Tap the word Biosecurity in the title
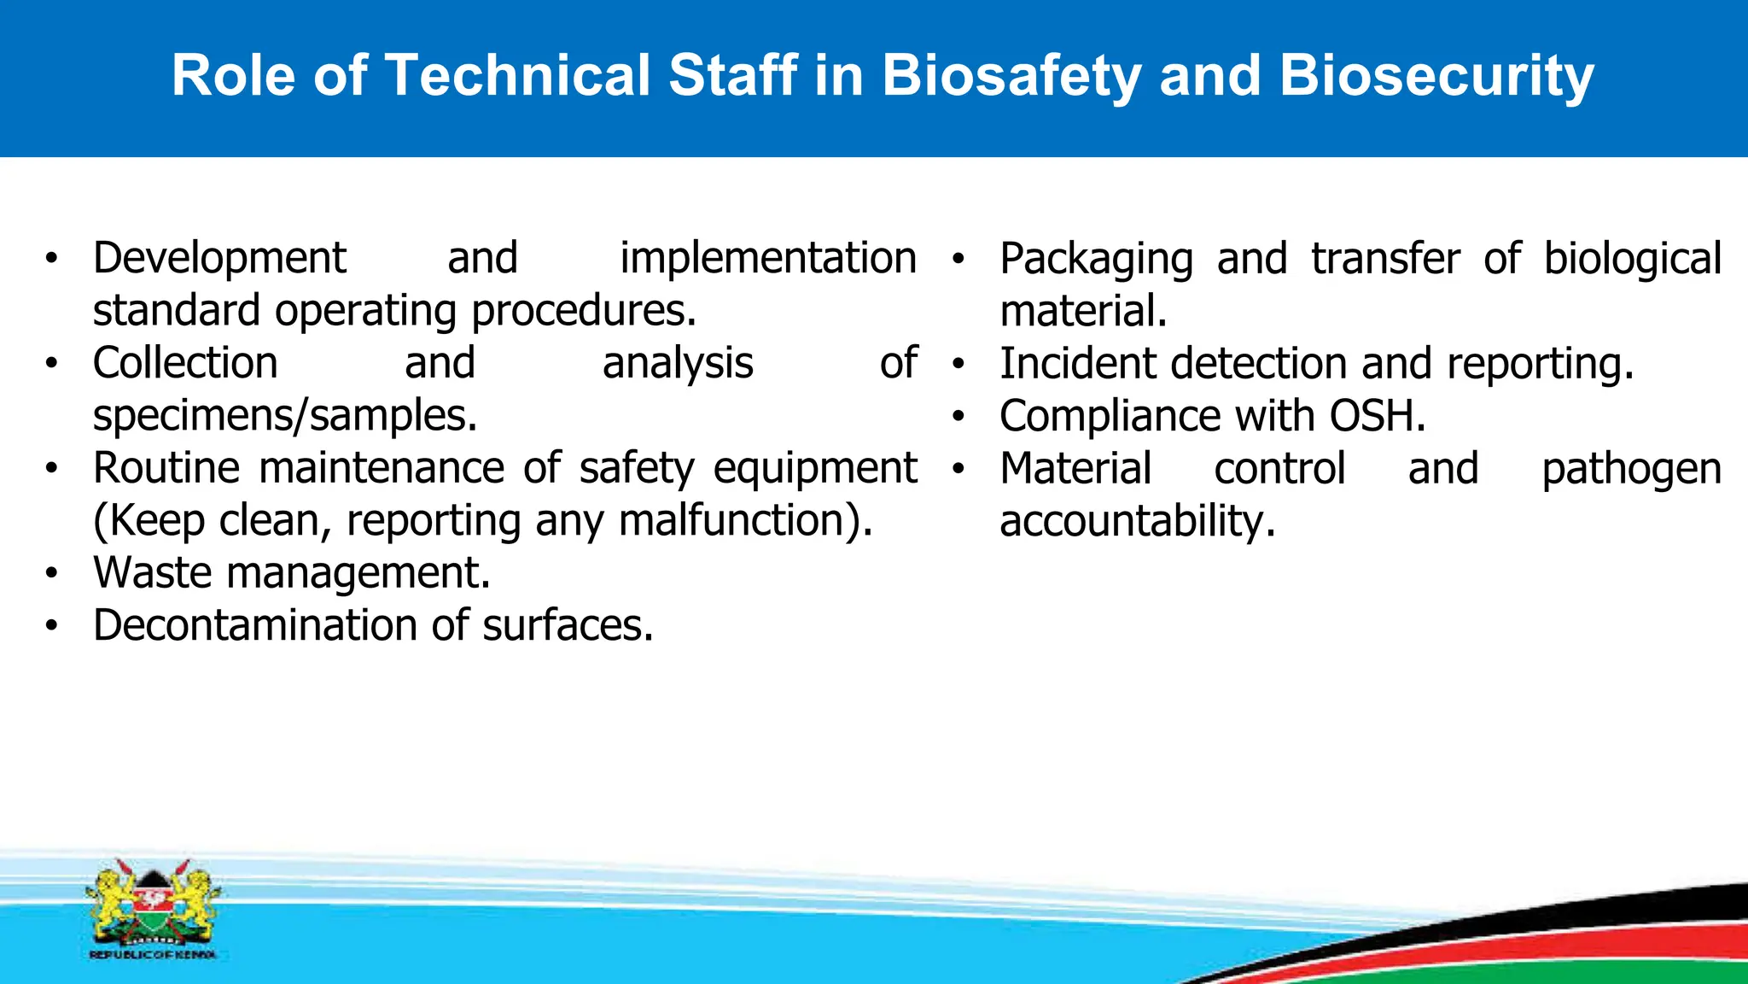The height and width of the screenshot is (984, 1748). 1436,76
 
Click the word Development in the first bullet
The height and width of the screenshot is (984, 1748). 219,259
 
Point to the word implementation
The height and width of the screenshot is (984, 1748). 767,259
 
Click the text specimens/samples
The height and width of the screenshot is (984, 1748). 284,416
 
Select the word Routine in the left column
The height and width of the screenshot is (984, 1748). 166,468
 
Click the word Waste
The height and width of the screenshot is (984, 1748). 153,573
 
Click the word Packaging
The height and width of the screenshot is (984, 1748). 1096,260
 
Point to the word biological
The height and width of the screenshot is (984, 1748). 1632,259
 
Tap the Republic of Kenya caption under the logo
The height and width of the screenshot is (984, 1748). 153,955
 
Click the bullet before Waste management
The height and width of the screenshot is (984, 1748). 52,573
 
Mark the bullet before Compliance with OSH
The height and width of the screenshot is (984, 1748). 958,417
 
